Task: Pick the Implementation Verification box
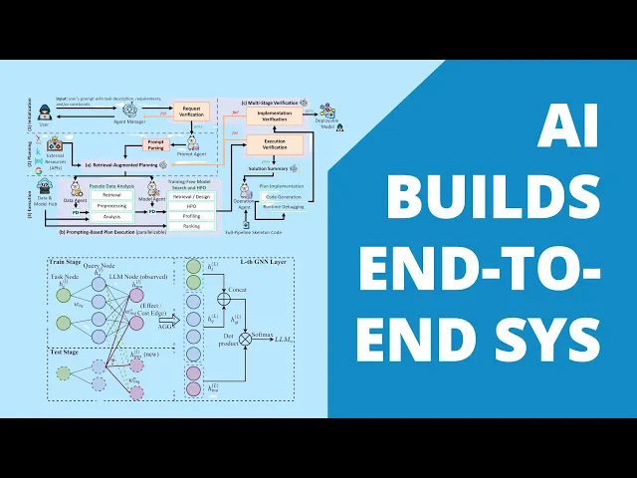tap(267, 118)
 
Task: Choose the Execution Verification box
tap(267, 146)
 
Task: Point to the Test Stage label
tap(67, 353)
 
